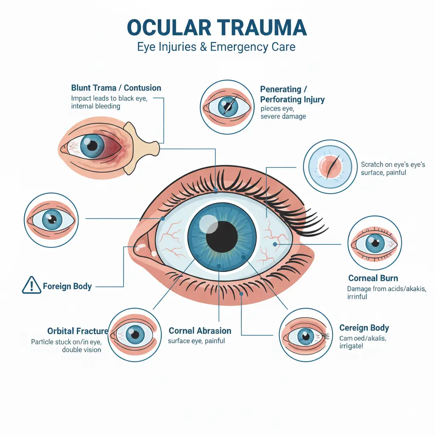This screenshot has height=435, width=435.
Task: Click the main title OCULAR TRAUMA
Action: pyautogui.click(x=217, y=28)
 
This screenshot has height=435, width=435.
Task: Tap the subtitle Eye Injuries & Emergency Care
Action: pyautogui.click(x=216, y=46)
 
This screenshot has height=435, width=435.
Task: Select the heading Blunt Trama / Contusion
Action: pyautogui.click(x=116, y=88)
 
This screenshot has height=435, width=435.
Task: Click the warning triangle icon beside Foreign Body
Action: pyautogui.click(x=31, y=285)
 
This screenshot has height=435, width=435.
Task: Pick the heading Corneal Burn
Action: pyautogui.click(x=373, y=278)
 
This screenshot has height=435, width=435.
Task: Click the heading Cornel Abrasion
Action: pyautogui.click(x=200, y=330)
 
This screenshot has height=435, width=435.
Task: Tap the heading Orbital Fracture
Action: pyautogui.click(x=78, y=331)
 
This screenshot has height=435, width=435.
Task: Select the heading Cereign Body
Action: pyautogui.click(x=364, y=328)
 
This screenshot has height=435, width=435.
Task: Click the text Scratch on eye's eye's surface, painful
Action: pyautogui.click(x=393, y=168)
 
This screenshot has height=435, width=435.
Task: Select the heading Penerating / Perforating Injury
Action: pyautogui.click(x=292, y=94)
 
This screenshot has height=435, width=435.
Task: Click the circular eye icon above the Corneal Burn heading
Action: pyautogui.click(x=374, y=243)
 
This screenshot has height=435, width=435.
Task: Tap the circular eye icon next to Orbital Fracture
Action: pyautogui.click(x=135, y=334)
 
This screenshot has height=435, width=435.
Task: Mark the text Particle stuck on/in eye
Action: pyautogui.click(x=66, y=342)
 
